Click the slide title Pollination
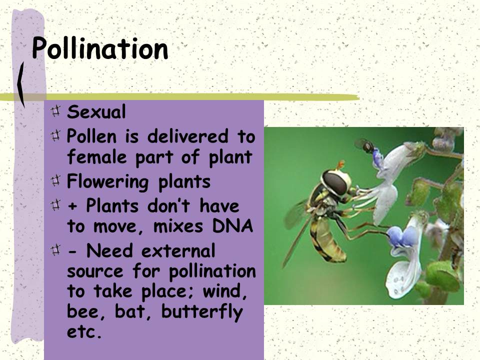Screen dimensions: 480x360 [x=100, y=48]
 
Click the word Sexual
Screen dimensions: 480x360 [x=96, y=111]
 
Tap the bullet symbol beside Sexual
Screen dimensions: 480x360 [x=56, y=111]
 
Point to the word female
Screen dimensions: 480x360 [x=96, y=156]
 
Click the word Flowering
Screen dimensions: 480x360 [x=108, y=181]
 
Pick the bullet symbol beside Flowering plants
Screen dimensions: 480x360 [x=56, y=180]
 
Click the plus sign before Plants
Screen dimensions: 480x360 [x=72, y=206]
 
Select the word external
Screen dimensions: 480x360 [x=178, y=250]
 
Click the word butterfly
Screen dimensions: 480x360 [x=202, y=311]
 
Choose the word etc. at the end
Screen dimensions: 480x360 [x=84, y=332]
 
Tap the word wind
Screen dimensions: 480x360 [x=224, y=291]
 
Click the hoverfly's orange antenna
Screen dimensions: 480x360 [x=340, y=164]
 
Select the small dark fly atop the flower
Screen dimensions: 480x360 [x=366, y=145]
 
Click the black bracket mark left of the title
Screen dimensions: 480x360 [x=21, y=85]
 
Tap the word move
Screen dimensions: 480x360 [x=115, y=227]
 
